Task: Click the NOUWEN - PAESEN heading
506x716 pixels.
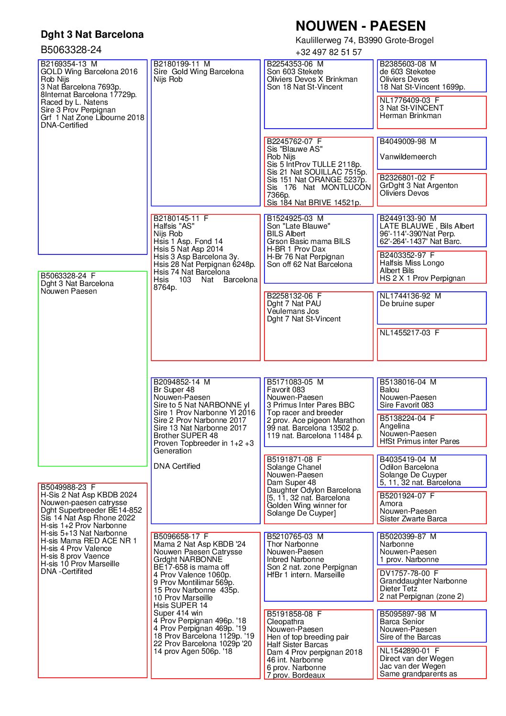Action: pyautogui.click(x=360, y=26)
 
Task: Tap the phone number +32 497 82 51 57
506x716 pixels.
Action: pyautogui.click(x=328, y=52)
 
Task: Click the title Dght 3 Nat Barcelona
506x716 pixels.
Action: pyautogui.click(x=92, y=34)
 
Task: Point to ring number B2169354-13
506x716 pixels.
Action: pyautogui.click(x=64, y=64)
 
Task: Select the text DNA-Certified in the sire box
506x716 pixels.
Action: pyautogui.click(x=64, y=125)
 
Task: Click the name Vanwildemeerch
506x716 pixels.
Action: pyautogui.click(x=407, y=157)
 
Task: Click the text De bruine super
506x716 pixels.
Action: pyautogui.click(x=407, y=304)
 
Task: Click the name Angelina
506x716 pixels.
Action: pyautogui.click(x=395, y=426)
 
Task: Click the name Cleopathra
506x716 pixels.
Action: pyautogui.click(x=285, y=622)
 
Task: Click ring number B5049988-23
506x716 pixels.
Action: pyautogui.click(x=64, y=487)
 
